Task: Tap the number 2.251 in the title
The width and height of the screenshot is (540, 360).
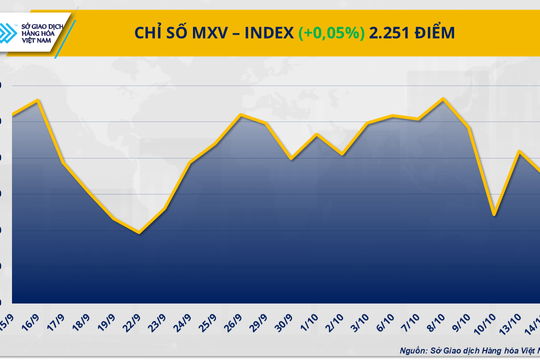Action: click(390, 34)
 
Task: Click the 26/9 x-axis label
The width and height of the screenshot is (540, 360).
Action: click(239, 322)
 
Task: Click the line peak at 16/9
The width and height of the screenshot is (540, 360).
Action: click(37, 100)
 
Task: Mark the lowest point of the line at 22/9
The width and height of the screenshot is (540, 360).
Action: click(139, 233)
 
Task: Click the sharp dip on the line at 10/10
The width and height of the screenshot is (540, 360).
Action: click(494, 214)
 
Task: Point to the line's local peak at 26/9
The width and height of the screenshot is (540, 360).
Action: click(241, 115)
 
